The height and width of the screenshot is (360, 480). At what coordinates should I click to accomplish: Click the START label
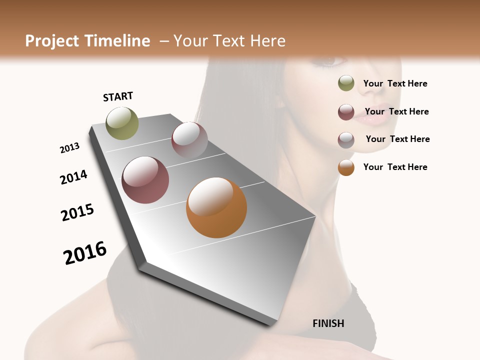[x=118, y=96]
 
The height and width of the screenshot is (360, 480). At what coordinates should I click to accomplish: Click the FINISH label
[x=328, y=323]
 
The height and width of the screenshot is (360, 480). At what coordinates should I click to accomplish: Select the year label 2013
[x=69, y=148]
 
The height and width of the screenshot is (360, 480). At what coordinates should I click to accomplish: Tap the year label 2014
[x=73, y=177]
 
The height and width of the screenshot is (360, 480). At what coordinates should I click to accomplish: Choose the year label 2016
[x=85, y=253]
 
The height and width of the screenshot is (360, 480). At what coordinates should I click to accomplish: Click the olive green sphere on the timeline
[x=122, y=123]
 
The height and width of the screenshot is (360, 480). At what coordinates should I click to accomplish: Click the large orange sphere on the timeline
[x=216, y=207]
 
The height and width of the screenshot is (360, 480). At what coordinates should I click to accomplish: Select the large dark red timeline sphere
[x=145, y=180]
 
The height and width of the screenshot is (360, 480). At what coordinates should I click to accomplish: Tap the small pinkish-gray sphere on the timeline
[x=189, y=139]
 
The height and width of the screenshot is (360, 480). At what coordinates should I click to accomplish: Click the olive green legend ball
[x=346, y=83]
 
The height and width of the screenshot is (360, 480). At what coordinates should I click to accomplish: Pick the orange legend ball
[x=346, y=167]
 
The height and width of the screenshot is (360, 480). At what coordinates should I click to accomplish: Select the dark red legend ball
[x=346, y=112]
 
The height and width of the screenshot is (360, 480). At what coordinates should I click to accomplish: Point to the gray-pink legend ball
[x=346, y=139]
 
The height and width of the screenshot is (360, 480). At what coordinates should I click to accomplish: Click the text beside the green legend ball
[x=395, y=83]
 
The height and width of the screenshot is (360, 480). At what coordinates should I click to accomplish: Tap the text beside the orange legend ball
[x=395, y=167]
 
